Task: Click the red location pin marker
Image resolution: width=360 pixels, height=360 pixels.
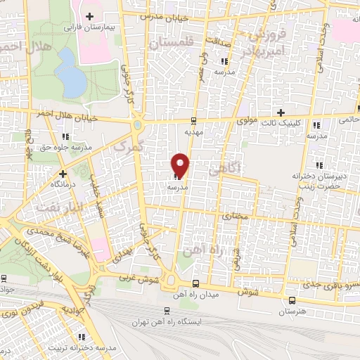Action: pyautogui.click(x=181, y=165)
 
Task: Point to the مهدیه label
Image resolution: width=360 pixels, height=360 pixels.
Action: pyautogui.click(x=193, y=131)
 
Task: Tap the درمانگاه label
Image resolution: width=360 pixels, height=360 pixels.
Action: pyautogui.click(x=63, y=183)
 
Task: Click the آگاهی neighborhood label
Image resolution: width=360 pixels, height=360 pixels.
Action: pyautogui.click(x=226, y=167)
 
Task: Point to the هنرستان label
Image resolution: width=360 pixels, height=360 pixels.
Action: pyautogui.click(x=291, y=310)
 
